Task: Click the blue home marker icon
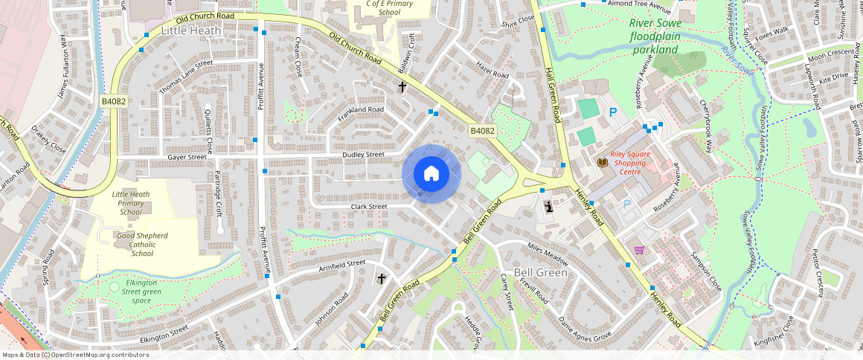(x=431, y=173)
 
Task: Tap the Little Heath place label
(x=191, y=30)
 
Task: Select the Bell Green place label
(x=541, y=272)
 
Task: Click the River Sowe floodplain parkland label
(x=655, y=36)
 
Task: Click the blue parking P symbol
(x=613, y=112)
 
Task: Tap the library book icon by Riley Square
(x=602, y=161)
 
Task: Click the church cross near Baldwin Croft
(x=402, y=86)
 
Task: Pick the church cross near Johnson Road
(x=382, y=279)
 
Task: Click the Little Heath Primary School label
(x=130, y=202)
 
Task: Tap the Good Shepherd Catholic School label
(x=142, y=244)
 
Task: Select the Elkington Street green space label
(x=135, y=292)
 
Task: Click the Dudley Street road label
(x=363, y=155)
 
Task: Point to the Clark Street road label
(x=369, y=206)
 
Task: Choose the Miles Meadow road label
(x=547, y=254)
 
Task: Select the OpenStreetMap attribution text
(x=75, y=355)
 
